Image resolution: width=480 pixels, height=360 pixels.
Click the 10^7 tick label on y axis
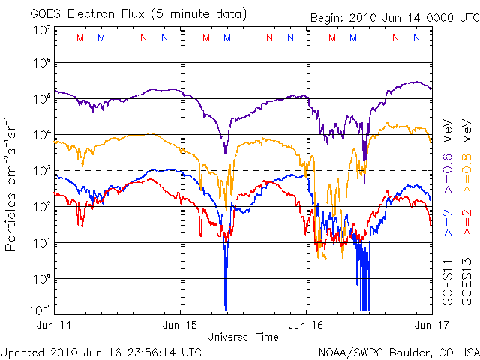pyautogui.click(x=40, y=30)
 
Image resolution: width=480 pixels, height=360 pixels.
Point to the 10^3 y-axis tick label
pyautogui.click(x=40, y=172)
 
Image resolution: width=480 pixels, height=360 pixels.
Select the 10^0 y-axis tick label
pyautogui.click(x=40, y=279)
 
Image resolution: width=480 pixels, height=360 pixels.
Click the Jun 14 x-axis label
pyautogui.click(x=54, y=324)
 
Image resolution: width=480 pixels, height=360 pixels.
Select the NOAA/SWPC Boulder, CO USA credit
pyautogui.click(x=397, y=350)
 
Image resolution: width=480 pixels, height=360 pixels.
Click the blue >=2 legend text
pyautogui.click(x=447, y=224)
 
